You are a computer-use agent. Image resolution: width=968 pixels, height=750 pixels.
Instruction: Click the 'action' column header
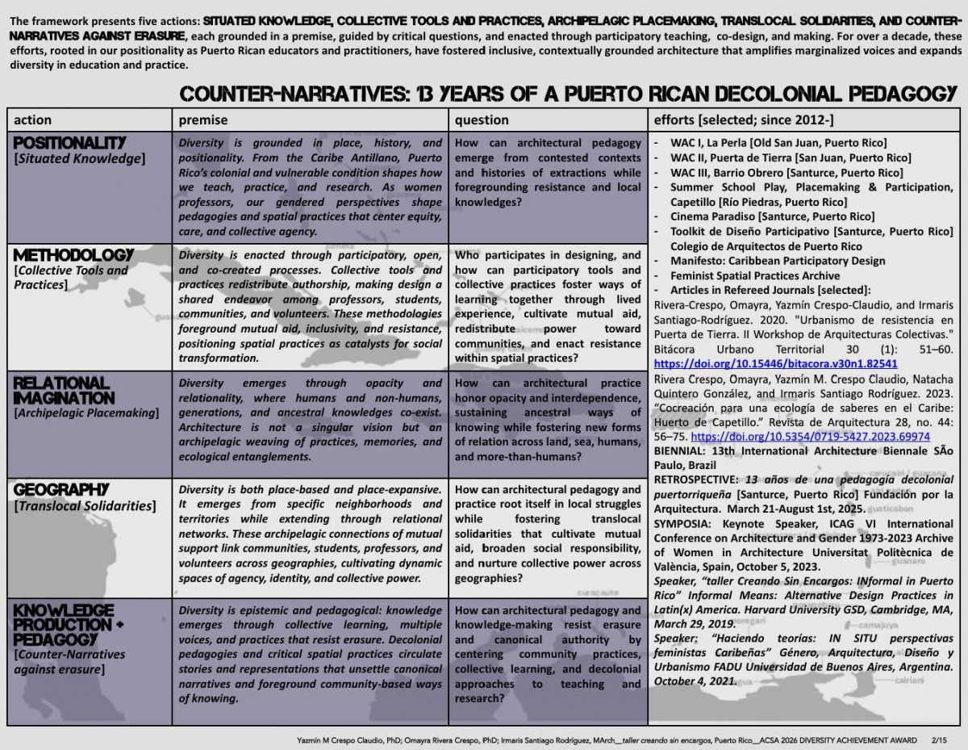click(x=33, y=119)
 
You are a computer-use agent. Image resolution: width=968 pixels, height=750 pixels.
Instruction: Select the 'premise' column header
click(x=202, y=119)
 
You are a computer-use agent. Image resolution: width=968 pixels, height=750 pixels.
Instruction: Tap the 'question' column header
click(x=482, y=119)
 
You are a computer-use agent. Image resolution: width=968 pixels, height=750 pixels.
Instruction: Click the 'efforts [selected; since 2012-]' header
click(x=743, y=119)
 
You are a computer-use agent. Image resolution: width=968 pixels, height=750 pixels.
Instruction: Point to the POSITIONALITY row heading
click(x=70, y=143)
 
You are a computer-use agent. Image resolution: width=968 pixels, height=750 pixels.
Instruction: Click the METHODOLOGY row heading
click(x=73, y=255)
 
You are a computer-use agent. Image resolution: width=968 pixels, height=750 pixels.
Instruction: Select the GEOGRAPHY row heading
click(x=61, y=490)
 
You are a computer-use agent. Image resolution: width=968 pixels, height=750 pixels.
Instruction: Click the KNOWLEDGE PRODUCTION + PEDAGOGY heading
click(x=65, y=624)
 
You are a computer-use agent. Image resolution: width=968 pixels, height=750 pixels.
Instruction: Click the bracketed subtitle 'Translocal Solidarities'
click(x=84, y=506)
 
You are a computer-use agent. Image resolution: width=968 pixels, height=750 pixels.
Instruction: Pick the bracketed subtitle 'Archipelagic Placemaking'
click(x=86, y=413)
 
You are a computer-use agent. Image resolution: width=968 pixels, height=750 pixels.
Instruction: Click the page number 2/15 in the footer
click(x=940, y=740)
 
